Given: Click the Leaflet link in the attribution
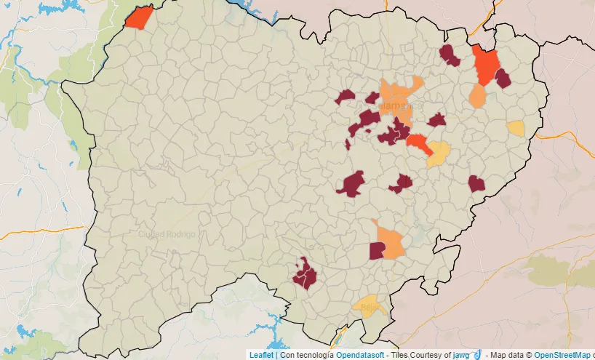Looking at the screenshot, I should coord(260,355).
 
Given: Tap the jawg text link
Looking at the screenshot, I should coord(460,355).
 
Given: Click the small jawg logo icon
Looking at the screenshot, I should coord(476,354).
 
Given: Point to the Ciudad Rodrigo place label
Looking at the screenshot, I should coord(167,235).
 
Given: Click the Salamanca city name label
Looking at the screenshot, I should coord(399,106).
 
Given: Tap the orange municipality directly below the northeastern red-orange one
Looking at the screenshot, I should coord(478,96).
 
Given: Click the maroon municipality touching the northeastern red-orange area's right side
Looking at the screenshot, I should coord(503,79).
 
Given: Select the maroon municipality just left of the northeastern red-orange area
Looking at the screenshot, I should coord(450,55).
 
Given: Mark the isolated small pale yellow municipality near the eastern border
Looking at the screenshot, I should coord(516,128).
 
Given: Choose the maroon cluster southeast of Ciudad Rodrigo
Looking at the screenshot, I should coord(304,274).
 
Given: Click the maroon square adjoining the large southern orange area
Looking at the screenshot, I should coord(377,251).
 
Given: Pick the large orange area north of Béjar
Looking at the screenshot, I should coord(392,242).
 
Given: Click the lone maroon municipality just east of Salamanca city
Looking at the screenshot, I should coord(436,120).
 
